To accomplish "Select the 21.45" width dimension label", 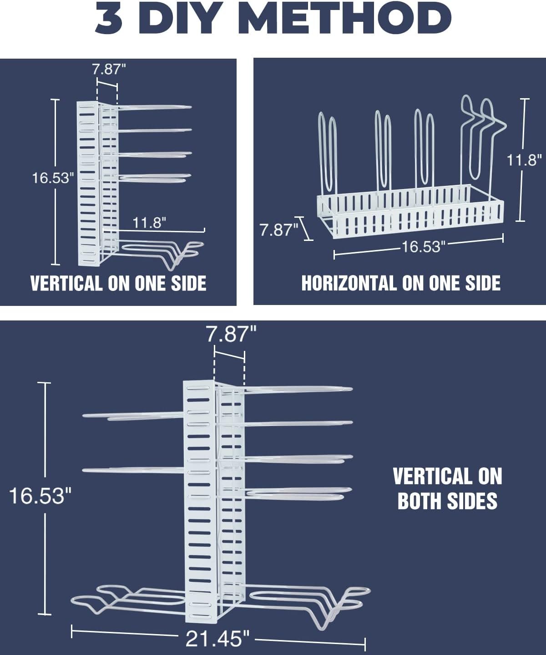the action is (x=217, y=638).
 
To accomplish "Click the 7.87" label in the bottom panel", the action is (x=231, y=334).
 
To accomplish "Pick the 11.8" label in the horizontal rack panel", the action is (x=524, y=160).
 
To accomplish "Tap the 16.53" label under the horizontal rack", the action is (x=424, y=246).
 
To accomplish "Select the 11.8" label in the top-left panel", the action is (x=149, y=223).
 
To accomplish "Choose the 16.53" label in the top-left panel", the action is (x=53, y=178).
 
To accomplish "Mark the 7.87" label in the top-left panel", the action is (x=109, y=69).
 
